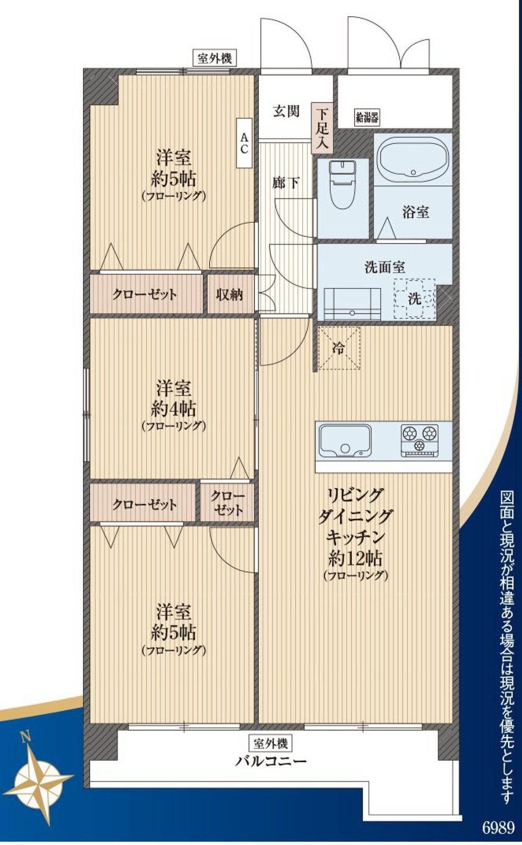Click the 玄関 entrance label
coord(287,111)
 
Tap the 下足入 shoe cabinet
coord(322,128)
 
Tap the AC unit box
coord(244,143)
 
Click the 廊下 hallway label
coord(286,183)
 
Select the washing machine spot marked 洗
coord(414,299)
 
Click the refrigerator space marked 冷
coord(339,348)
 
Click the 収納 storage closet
coord(230,294)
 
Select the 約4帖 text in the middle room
coord(173,408)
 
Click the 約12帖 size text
coord(355,558)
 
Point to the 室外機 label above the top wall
coord(215,58)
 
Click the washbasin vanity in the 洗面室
coord(352,304)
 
